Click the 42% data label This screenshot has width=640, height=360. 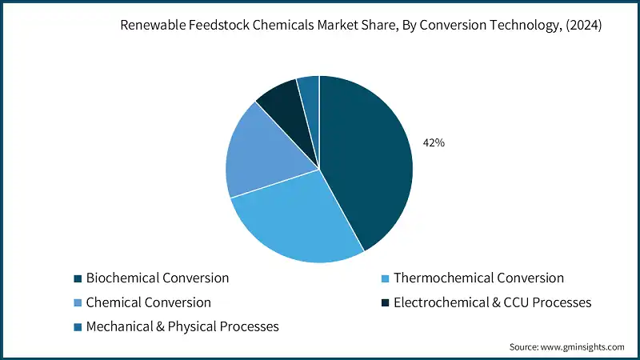(434, 143)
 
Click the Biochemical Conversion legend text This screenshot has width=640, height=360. (158, 278)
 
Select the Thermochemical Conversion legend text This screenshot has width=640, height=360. (478, 278)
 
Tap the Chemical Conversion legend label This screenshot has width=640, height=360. (148, 302)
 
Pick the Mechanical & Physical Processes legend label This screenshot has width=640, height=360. (182, 326)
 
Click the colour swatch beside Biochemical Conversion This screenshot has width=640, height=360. (78, 279)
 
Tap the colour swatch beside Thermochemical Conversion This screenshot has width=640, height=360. (385, 279)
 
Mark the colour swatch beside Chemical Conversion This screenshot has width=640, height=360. (78, 303)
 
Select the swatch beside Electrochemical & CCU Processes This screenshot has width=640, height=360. (385, 303)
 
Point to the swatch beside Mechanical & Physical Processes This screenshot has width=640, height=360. (78, 327)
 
